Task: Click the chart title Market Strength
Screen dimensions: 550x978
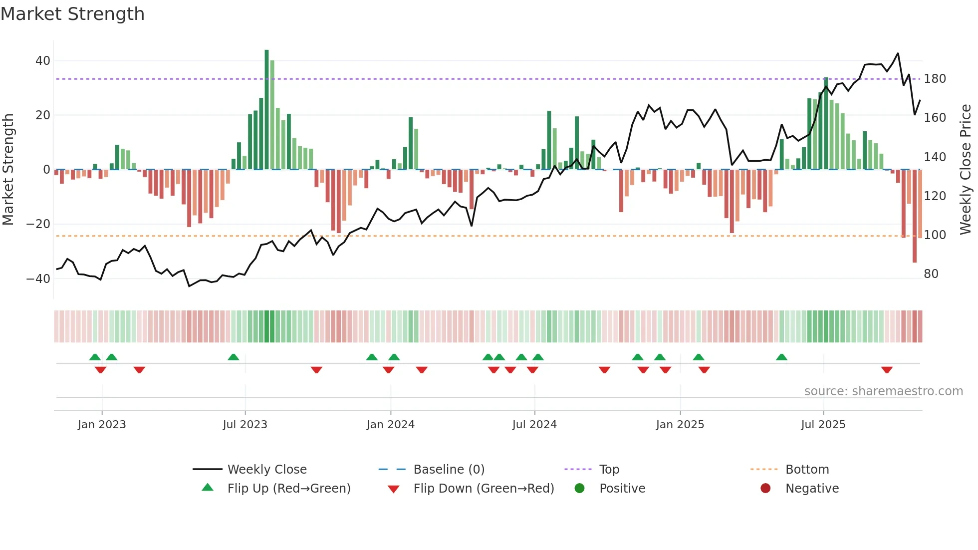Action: click(x=72, y=14)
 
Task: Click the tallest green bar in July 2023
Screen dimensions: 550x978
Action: click(x=266, y=109)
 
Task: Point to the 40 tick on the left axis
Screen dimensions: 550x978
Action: click(x=43, y=61)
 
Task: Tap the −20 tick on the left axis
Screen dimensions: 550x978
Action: click(x=38, y=224)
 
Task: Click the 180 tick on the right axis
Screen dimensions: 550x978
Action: click(x=935, y=79)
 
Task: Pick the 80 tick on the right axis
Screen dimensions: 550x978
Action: click(x=931, y=274)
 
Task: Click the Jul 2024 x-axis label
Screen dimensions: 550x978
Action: click(x=534, y=425)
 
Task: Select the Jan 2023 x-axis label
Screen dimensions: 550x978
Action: click(x=102, y=425)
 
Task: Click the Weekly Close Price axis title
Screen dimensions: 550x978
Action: click(x=966, y=169)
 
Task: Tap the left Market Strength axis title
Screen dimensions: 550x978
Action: click(x=8, y=169)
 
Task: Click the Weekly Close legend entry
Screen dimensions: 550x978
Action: click(x=267, y=470)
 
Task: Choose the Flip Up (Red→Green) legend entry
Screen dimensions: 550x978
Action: click(x=289, y=489)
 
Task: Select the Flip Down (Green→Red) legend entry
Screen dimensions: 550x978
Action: click(x=484, y=489)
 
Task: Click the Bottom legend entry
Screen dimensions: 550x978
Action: click(x=807, y=470)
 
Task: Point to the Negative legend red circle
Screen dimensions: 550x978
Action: click(x=765, y=488)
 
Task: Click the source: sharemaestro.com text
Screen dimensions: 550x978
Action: click(x=883, y=391)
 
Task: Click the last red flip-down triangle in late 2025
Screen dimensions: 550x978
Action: click(x=887, y=370)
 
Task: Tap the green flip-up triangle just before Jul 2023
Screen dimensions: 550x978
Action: click(x=233, y=357)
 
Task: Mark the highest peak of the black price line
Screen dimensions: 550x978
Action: click(x=898, y=53)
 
